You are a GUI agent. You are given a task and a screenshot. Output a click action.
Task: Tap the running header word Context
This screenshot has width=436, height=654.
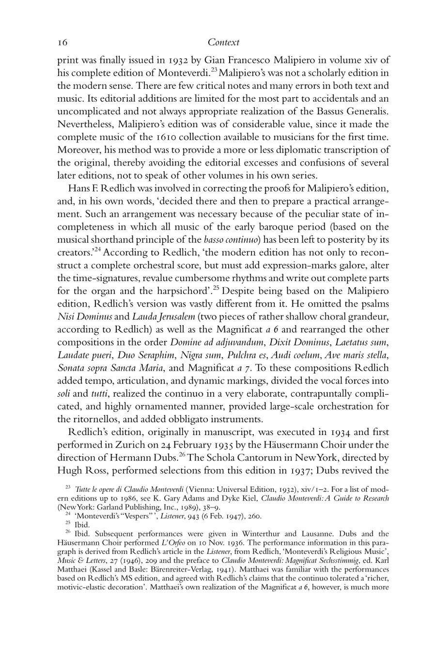click(223, 43)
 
